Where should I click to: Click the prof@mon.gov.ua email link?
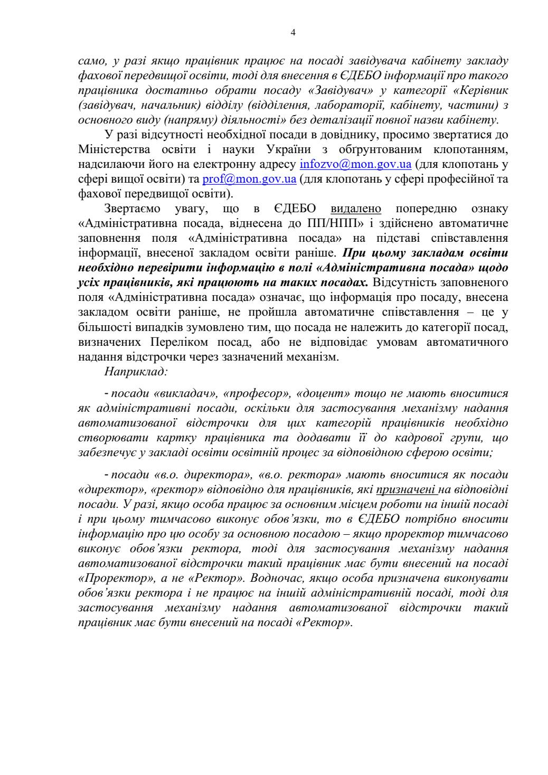249,178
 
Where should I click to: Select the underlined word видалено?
355,207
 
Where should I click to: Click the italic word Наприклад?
136,371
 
